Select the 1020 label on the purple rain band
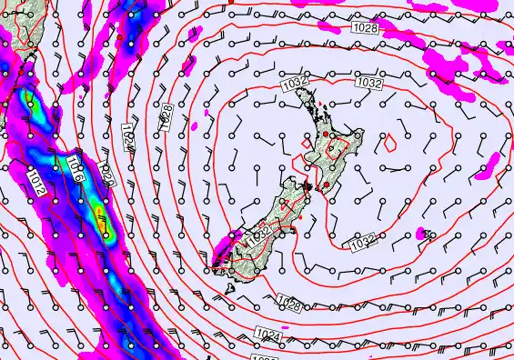[107, 172]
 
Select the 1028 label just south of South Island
[289, 303]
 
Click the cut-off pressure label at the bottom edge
[267, 357]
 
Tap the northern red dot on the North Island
[325, 135]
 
